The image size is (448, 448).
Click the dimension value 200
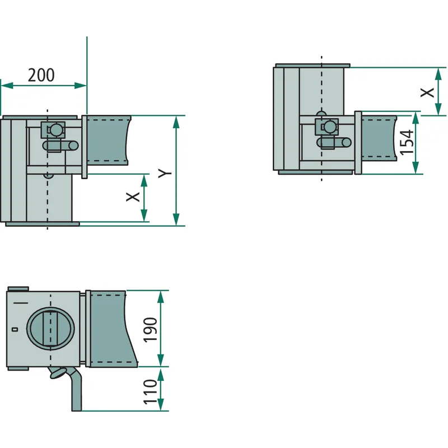[x=41, y=75]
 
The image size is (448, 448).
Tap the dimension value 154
[x=407, y=143]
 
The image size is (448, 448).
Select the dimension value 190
[x=150, y=329]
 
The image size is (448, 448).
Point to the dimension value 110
[x=150, y=391]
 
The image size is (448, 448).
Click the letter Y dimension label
[x=165, y=173]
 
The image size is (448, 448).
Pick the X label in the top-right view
[x=427, y=92]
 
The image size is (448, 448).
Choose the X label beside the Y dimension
[x=133, y=197]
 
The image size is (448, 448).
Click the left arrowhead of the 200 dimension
[x=7, y=85]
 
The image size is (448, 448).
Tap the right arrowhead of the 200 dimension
[x=81, y=85]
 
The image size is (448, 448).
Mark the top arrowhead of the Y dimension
[x=176, y=122]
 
